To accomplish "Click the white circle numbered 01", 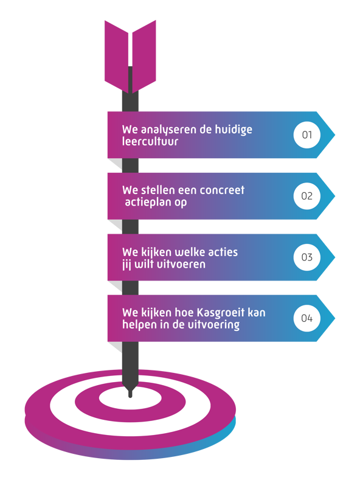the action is point(306,135).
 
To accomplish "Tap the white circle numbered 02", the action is point(306,196).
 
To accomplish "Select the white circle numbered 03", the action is point(306,257).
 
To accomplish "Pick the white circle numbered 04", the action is point(306,318).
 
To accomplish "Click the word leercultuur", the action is point(150,141).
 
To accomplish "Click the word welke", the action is point(189,252).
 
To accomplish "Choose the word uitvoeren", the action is point(181,264).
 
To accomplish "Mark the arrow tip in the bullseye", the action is point(130,396).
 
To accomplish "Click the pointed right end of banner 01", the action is point(334,135).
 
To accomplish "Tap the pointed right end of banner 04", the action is point(334,318).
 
